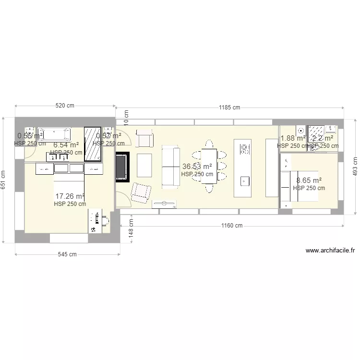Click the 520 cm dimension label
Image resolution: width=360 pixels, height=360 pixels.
point(65,106)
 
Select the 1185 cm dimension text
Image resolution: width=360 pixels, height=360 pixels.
point(229,108)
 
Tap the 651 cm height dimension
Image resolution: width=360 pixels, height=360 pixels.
point(4,180)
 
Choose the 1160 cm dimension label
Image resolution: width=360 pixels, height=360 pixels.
point(232,226)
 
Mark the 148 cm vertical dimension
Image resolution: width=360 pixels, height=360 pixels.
point(131,234)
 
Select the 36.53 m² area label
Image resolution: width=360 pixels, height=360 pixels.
point(197,167)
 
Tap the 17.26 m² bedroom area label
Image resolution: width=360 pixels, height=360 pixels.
point(70,196)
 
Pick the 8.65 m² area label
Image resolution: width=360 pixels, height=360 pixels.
point(309,180)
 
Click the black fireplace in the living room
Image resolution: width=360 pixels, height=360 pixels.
point(122,166)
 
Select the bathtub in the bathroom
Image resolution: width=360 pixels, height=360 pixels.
point(54,133)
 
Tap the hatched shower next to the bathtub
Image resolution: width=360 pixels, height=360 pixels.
point(93,144)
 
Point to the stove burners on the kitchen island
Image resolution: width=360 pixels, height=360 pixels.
point(244,148)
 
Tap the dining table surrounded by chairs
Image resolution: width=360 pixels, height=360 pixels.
point(209,166)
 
